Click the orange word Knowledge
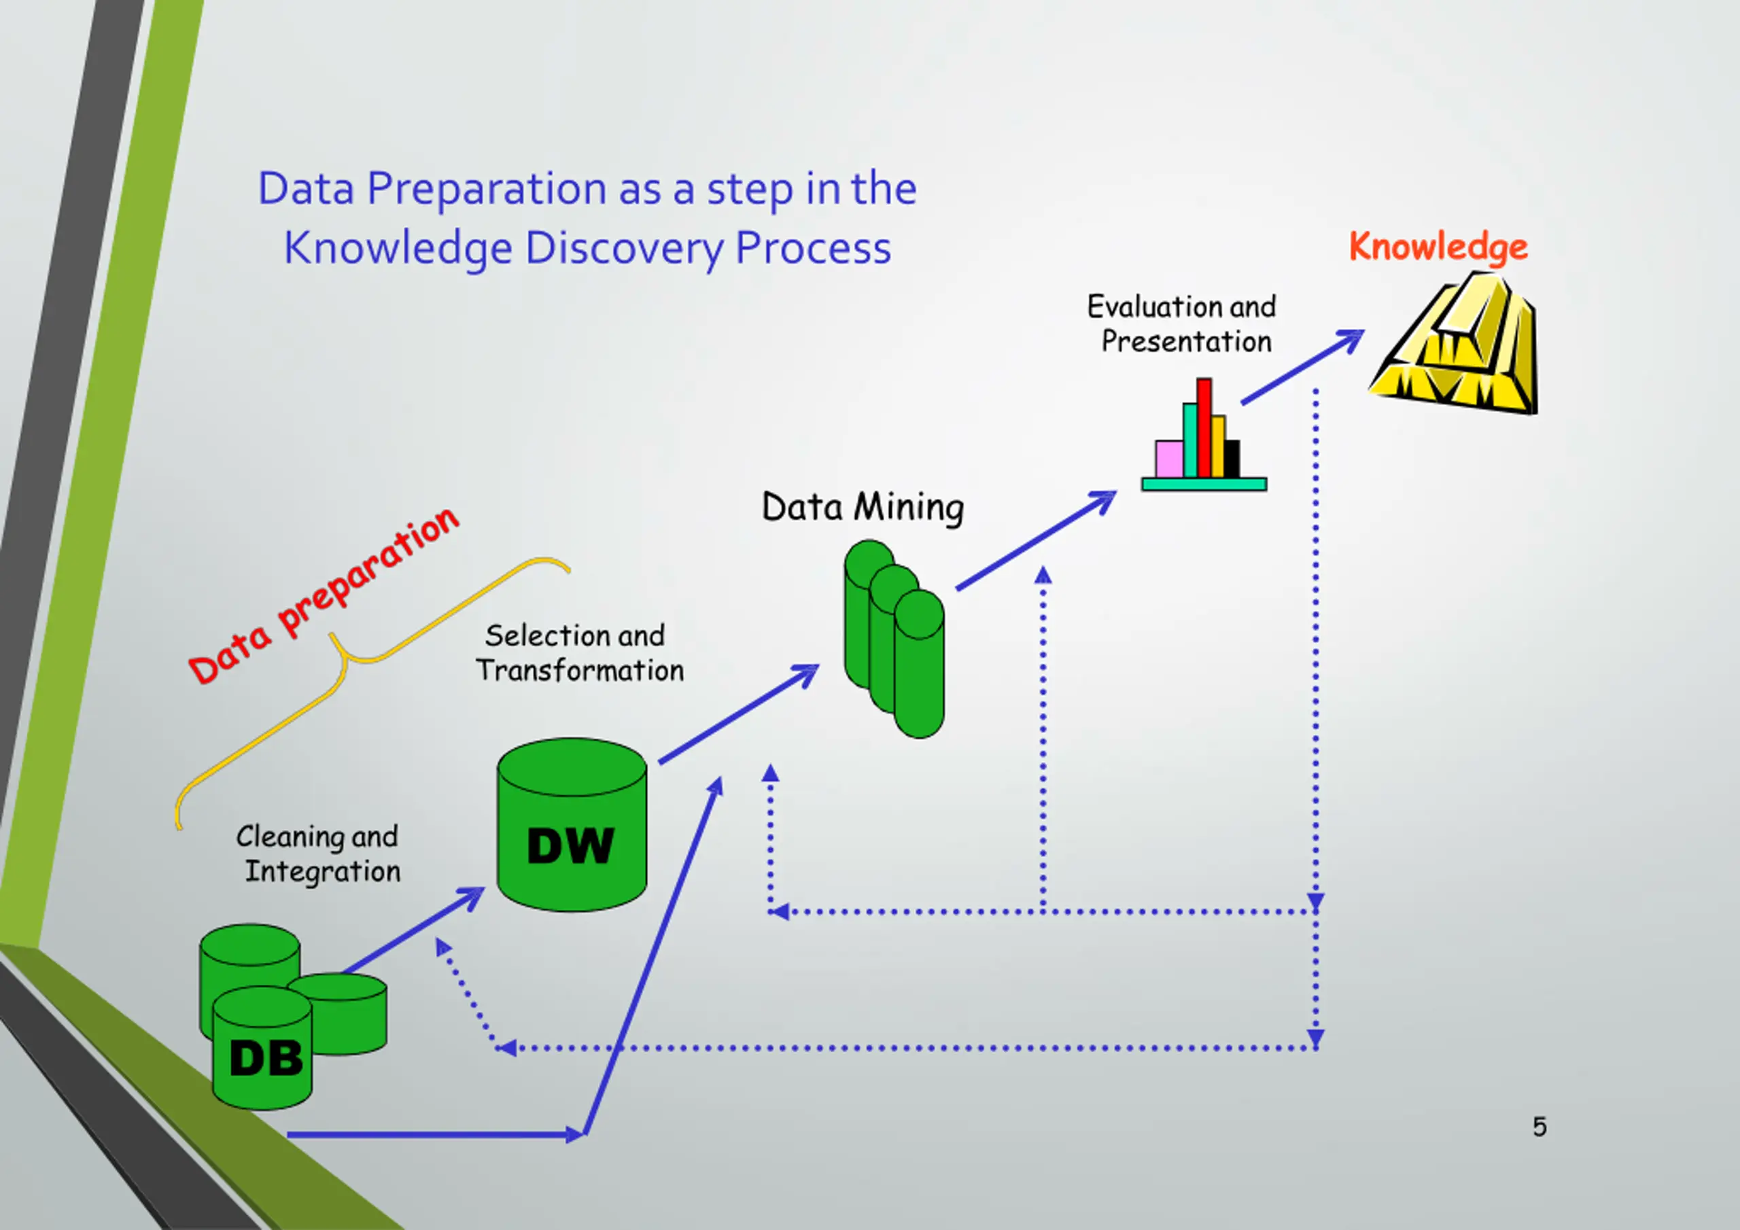point(1438,248)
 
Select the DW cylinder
point(572,824)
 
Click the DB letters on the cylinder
point(265,1058)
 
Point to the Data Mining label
point(863,507)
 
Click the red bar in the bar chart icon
point(1204,428)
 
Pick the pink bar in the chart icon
point(1168,459)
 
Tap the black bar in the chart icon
point(1232,459)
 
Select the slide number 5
point(1539,1127)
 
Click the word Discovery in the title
point(624,249)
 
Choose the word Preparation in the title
point(487,190)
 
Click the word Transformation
point(580,671)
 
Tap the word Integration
point(322,872)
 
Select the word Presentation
point(1186,342)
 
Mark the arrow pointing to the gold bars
point(1303,367)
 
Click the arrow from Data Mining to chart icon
point(1036,540)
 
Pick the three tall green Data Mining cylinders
point(894,638)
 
